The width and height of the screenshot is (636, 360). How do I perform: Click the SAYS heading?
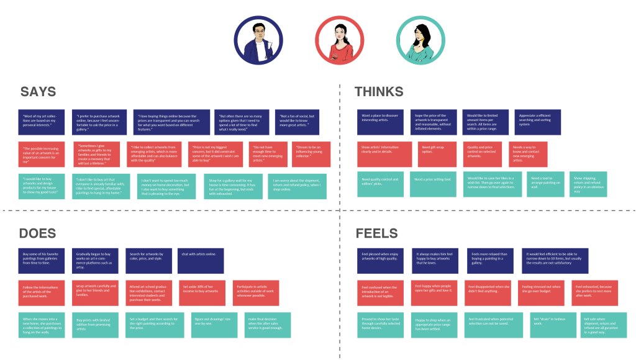38,92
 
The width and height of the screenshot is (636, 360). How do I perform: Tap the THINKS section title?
379,92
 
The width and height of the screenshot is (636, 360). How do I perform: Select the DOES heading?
37,233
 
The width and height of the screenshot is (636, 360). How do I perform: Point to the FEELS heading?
376,233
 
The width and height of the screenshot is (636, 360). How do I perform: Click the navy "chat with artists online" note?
201,261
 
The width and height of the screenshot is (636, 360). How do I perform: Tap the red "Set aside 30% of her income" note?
201,293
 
